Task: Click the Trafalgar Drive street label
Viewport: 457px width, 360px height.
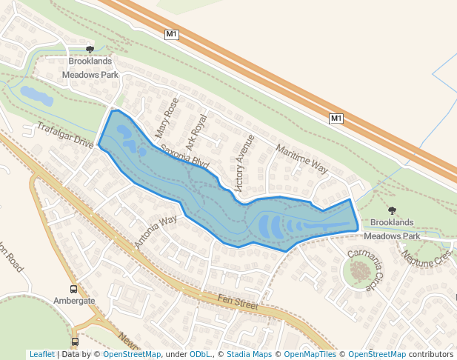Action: point(65,135)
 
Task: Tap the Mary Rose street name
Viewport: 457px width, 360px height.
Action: point(167,118)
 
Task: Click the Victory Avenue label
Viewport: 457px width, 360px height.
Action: point(244,159)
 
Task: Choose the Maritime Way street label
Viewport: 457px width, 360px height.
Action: point(301,159)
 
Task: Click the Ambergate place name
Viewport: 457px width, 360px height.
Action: point(74,301)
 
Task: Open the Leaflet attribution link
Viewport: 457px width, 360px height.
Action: point(41,354)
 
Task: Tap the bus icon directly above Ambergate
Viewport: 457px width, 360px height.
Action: point(74,289)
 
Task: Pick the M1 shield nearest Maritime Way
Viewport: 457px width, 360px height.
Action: point(336,119)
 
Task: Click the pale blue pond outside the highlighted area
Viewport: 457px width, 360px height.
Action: point(36,95)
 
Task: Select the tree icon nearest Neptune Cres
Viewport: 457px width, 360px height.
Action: point(392,211)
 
